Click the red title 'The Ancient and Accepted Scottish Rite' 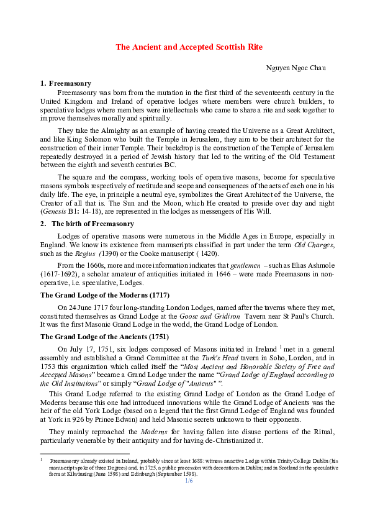185,47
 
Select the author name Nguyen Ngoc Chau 296,67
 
